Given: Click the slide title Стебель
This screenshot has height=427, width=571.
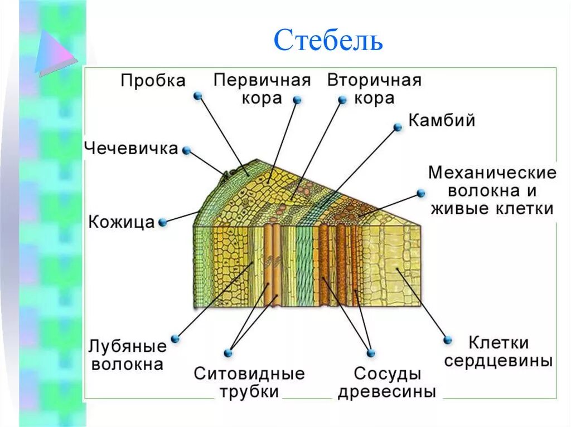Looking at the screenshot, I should pyautogui.click(x=328, y=40).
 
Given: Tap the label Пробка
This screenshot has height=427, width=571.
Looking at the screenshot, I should pyautogui.click(x=153, y=81).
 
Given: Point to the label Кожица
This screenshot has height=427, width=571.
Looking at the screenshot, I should pyautogui.click(x=121, y=222).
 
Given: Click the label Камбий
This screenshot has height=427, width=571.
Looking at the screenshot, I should pyautogui.click(x=442, y=120).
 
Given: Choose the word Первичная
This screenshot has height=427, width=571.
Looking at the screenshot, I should pyautogui.click(x=262, y=80).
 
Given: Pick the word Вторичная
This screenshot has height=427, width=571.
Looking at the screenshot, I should pyautogui.click(x=374, y=80).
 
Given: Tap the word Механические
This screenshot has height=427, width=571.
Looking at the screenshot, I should pyautogui.click(x=492, y=173).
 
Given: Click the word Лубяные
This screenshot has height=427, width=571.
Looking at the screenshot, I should pyautogui.click(x=127, y=346).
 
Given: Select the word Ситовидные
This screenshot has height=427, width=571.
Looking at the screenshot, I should pyautogui.click(x=249, y=373).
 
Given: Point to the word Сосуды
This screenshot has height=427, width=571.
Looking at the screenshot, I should pyautogui.click(x=387, y=373).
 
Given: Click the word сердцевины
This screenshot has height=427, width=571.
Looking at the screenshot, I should pyautogui.click(x=498, y=360).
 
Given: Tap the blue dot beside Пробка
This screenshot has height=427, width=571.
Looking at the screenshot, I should pyautogui.click(x=197, y=96).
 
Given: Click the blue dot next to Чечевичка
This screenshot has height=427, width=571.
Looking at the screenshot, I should pyautogui.click(x=187, y=150).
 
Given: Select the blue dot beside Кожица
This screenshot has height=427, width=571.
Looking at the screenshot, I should pyautogui.click(x=162, y=222).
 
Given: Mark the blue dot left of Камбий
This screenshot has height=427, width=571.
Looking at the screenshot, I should pyautogui.click(x=398, y=127).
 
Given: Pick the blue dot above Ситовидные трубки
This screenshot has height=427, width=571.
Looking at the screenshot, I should pyautogui.click(x=228, y=353).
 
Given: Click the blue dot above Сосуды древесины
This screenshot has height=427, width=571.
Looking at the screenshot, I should pyautogui.click(x=371, y=353).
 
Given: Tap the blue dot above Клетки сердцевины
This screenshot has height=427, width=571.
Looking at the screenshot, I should pyautogui.click(x=447, y=340).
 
